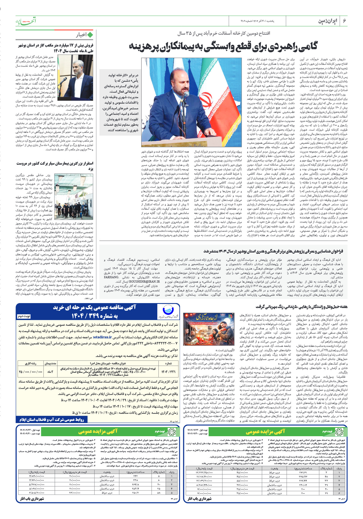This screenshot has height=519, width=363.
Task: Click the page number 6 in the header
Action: pyautogui.click(x=344, y=21)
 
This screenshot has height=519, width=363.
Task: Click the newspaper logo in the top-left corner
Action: pyautogui.click(x=25, y=21)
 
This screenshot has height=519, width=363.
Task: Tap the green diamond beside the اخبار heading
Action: pyautogui.click(x=90, y=35)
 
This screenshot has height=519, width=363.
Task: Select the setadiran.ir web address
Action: pyautogui.click(x=102, y=337)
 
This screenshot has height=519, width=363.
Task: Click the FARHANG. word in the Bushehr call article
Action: pyautogui.click(x=111, y=277)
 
